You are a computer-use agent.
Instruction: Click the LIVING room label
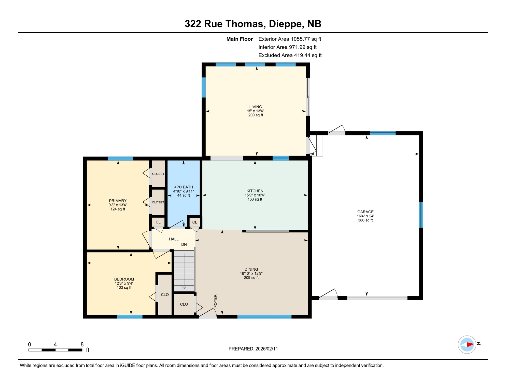(256, 107)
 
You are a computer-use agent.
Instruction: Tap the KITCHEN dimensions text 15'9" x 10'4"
(255, 195)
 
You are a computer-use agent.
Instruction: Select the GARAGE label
(365, 212)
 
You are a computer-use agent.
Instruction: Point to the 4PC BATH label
(184, 187)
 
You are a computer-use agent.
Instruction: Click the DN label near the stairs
(184, 244)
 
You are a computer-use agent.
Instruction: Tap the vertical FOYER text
(215, 301)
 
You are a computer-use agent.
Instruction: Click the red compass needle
(470, 345)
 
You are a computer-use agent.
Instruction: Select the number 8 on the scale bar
(82, 344)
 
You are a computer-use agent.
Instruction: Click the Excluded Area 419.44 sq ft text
(290, 55)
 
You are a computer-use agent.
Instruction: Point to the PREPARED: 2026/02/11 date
(253, 349)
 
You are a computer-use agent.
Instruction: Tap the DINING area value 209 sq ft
(251, 277)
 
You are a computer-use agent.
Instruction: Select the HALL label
(174, 239)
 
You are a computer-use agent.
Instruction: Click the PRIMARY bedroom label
(118, 201)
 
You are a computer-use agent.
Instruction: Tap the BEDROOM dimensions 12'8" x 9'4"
(124, 283)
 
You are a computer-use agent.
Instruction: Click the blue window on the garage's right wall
(421, 215)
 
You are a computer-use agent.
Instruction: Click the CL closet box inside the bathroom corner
(195, 222)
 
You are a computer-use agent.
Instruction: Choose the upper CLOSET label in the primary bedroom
(158, 174)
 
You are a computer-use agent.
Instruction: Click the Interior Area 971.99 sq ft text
(287, 47)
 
